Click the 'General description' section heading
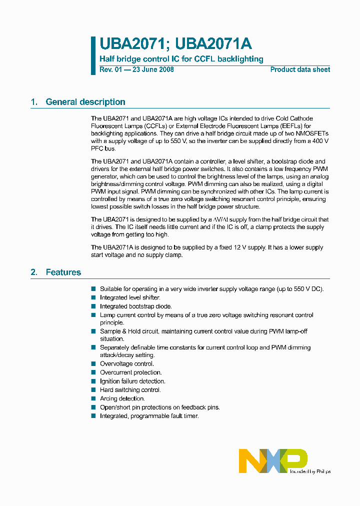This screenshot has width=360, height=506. click(x=85, y=102)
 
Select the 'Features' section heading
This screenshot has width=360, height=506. click(x=63, y=272)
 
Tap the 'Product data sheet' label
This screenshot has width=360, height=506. click(x=300, y=69)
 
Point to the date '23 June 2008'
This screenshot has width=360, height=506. click(x=152, y=69)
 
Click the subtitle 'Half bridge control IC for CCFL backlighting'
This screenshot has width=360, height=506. click(x=181, y=59)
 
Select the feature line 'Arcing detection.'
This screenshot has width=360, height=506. click(x=122, y=398)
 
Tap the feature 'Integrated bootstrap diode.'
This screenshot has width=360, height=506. click(x=136, y=306)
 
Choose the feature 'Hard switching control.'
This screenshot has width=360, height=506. click(x=130, y=390)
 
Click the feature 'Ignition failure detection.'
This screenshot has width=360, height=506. click(x=132, y=381)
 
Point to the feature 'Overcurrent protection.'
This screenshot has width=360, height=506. click(x=130, y=372)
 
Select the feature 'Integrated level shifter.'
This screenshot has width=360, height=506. click(x=130, y=297)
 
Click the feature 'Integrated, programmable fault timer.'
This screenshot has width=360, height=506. click(x=149, y=416)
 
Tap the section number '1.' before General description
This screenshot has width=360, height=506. click(x=34, y=102)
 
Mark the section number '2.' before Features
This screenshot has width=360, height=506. click(x=34, y=272)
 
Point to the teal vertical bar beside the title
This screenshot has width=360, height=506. click(x=93, y=55)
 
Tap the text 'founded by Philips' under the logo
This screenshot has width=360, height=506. click(x=310, y=471)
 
